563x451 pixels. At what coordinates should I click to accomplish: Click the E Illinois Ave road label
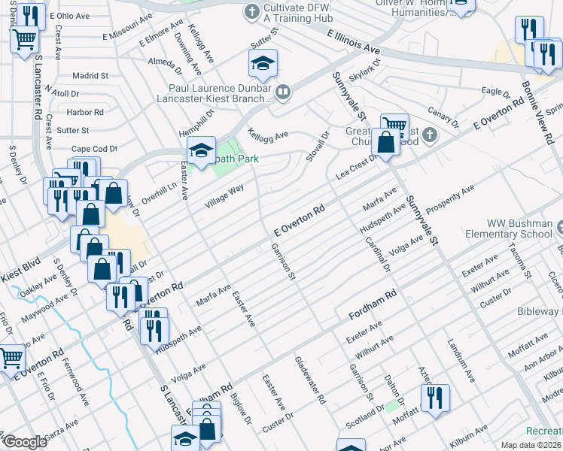(353, 41)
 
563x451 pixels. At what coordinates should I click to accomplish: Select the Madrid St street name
(90, 76)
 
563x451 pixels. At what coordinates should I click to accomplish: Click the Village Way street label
(224, 198)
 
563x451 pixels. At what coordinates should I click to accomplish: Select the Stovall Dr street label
(317, 148)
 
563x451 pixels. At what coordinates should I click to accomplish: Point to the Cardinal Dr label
(377, 254)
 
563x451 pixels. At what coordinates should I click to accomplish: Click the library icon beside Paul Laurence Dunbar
(283, 93)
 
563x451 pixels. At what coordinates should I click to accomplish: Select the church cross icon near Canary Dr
(429, 135)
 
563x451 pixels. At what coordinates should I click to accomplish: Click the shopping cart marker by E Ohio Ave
(25, 38)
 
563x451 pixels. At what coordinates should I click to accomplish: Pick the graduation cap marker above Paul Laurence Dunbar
(263, 65)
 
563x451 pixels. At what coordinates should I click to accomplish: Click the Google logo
(24, 442)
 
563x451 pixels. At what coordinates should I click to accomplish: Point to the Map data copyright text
(531, 445)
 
